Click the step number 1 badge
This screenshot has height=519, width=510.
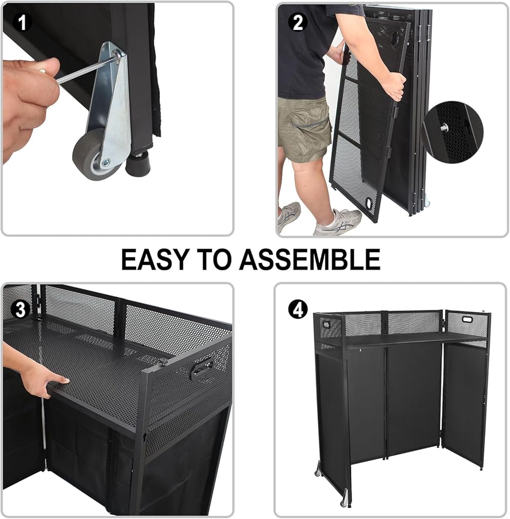(x=22, y=22)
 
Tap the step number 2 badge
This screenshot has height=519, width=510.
(x=298, y=22)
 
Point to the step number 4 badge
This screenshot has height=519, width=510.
(x=298, y=309)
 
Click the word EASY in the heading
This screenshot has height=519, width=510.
(x=155, y=259)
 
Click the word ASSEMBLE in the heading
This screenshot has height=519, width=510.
(x=310, y=259)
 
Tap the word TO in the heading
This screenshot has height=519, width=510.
(x=214, y=259)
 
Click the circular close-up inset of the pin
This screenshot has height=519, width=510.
(x=452, y=132)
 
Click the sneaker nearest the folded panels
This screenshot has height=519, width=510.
(x=338, y=223)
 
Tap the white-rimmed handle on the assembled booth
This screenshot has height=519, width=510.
(x=467, y=320)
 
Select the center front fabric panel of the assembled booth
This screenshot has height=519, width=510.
(x=413, y=401)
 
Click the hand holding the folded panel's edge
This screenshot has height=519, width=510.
(x=396, y=87)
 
